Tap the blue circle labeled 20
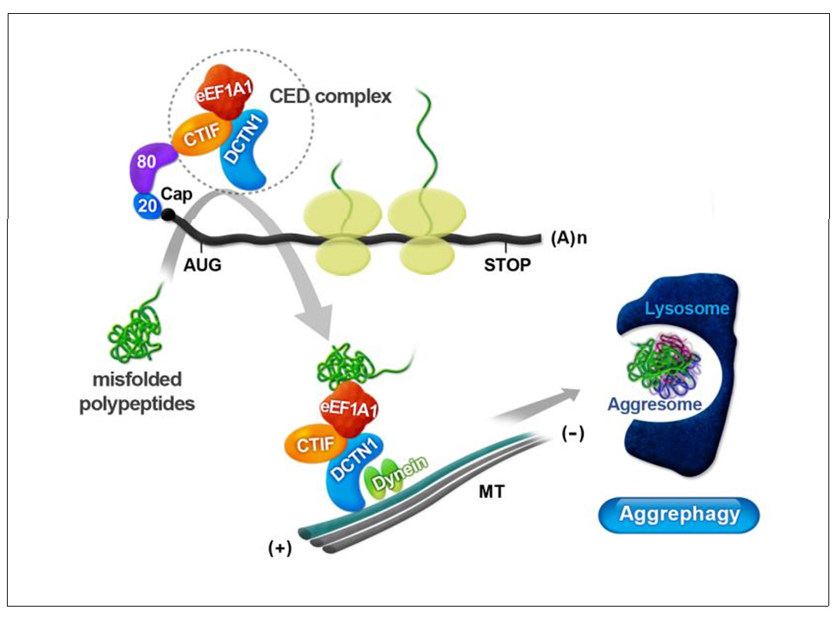(146, 204)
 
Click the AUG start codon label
(203, 264)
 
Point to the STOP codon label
(507, 265)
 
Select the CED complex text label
(330, 97)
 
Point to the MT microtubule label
(490, 491)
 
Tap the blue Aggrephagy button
(678, 514)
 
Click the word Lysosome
(687, 309)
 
